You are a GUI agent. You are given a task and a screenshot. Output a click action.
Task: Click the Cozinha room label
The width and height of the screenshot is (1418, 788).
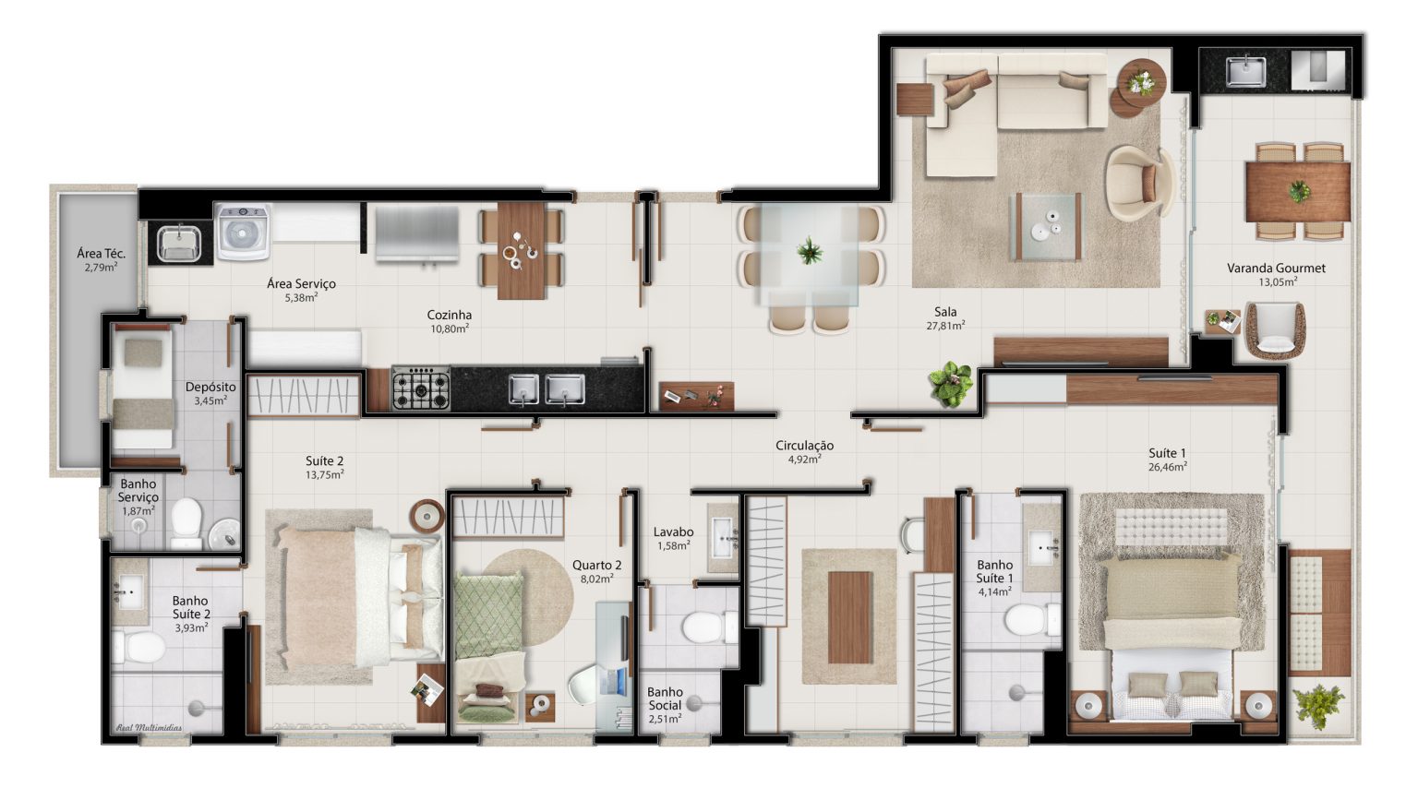tap(449, 315)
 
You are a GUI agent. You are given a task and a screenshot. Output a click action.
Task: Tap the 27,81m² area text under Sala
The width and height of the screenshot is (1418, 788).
tap(945, 326)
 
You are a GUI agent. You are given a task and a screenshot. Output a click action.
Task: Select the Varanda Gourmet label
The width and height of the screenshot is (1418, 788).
tap(1276, 268)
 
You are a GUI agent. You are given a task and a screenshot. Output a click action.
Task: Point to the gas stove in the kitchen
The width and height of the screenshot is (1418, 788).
tap(421, 388)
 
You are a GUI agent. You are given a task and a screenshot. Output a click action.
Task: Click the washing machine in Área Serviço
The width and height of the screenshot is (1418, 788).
tap(243, 232)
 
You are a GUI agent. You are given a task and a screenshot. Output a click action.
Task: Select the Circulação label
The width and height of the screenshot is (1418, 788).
tap(805, 446)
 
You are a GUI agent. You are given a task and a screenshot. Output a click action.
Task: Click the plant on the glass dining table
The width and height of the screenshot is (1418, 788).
tap(810, 251)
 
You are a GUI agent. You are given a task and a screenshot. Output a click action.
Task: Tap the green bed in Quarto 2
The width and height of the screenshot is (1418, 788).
tap(488, 646)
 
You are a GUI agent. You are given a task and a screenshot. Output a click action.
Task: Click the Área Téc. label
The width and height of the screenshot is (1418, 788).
tap(102, 253)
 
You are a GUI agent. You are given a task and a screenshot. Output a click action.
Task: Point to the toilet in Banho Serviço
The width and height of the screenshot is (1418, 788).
tap(186, 523)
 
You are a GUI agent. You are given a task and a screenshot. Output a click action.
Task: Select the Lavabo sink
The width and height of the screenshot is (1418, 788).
tap(724, 538)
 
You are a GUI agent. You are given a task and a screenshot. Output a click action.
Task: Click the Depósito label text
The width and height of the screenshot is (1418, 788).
tap(210, 387)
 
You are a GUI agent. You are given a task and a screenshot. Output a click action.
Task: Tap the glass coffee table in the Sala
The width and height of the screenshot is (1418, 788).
tap(1048, 227)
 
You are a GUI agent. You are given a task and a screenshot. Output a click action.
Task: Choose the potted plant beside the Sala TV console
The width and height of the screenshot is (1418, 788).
tap(950, 384)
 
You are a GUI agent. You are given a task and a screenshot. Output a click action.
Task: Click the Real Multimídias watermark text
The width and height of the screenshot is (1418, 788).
tap(149, 728)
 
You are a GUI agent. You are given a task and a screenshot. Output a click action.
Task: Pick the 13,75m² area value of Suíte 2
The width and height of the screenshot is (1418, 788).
tap(325, 474)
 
